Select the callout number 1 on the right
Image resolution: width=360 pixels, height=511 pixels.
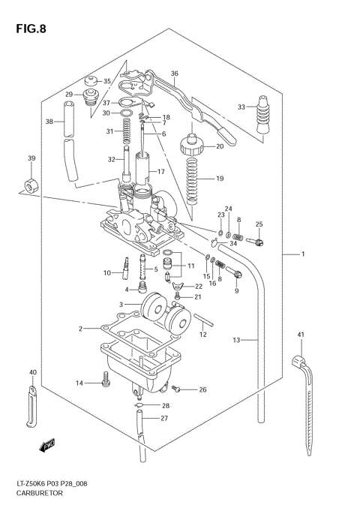coord(303,254)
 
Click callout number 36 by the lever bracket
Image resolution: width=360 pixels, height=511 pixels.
coord(174,74)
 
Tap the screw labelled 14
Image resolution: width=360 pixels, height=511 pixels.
coord(106,383)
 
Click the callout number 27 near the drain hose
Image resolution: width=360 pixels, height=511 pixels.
coord(164,418)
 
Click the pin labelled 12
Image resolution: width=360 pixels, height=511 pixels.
coord(204,323)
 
